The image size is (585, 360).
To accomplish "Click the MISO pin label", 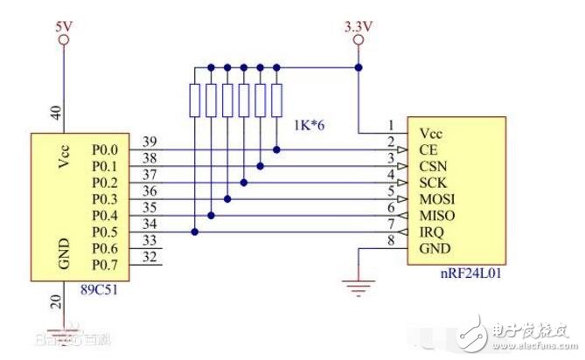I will (x=437, y=215).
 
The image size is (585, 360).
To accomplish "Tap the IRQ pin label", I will (x=433, y=232).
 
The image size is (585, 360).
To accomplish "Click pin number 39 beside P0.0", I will (x=150, y=142).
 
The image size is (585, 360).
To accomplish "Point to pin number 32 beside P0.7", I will (x=150, y=257).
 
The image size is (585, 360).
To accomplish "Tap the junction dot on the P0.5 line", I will (x=193, y=232).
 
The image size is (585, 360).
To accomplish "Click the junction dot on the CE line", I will (x=277, y=149).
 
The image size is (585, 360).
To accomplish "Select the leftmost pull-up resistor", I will (x=193, y=100).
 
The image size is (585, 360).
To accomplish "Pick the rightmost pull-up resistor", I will (x=277, y=100).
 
